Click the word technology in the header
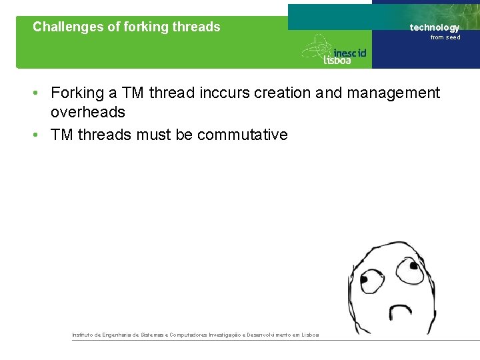pyautogui.click(x=434, y=27)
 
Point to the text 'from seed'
pyautogui.click(x=445, y=37)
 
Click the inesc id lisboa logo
pyautogui.click(x=335, y=51)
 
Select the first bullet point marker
pyautogui.click(x=39, y=93)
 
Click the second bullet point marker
pyautogui.click(x=39, y=135)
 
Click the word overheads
pyautogui.click(x=88, y=112)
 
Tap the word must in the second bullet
pyautogui.click(x=154, y=135)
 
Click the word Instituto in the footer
pyautogui.click(x=83, y=335)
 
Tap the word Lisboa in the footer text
pyautogui.click(x=310, y=335)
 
